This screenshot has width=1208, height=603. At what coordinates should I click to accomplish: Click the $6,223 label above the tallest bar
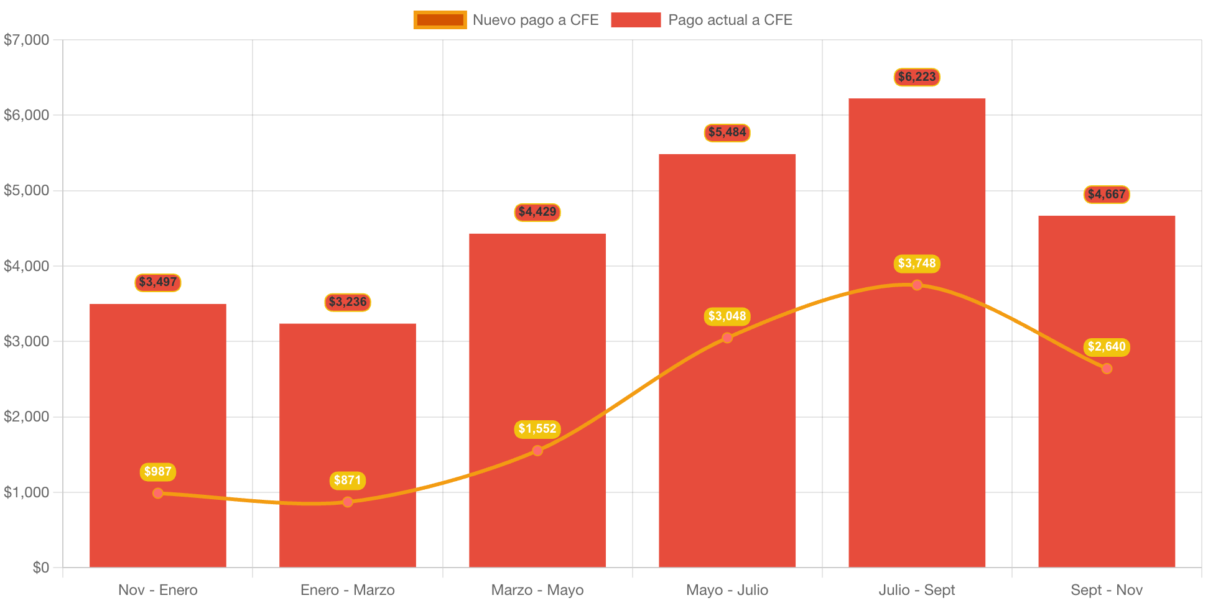point(916,77)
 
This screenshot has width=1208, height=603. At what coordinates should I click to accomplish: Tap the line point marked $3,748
point(917,285)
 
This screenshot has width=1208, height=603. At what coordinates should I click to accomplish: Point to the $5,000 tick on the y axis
point(26,190)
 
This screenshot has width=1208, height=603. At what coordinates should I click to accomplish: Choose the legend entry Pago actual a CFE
point(701,20)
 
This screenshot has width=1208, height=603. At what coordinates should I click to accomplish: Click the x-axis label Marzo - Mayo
point(537,590)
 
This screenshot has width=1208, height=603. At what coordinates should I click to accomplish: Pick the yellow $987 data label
point(158,472)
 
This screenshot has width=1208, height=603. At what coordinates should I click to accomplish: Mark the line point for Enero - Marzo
point(348,502)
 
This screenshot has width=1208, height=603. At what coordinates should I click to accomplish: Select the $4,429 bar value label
point(537,212)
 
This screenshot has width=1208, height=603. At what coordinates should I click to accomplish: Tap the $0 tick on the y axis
point(40,568)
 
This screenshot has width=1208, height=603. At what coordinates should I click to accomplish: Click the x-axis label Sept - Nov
point(1107,590)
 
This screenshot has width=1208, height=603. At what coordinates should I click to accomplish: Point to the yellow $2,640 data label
point(1107,347)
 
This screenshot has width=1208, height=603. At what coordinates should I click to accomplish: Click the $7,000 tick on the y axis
point(26,40)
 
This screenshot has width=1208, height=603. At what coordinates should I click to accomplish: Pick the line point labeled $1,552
point(537,450)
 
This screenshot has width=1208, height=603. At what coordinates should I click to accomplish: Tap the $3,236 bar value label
point(348,302)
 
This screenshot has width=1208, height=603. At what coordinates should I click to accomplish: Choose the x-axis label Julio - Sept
point(917,590)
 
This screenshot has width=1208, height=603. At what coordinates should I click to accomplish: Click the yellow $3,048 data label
point(727,316)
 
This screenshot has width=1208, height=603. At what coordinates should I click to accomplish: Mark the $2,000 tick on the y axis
point(26,417)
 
